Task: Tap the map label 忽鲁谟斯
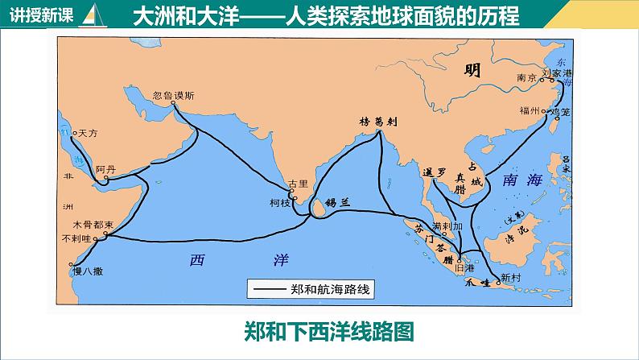coord(173,95)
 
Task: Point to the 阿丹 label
coord(105,170)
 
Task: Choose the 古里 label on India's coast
coord(299,184)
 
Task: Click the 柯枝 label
coord(281,204)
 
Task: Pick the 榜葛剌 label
coord(378,120)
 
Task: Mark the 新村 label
coord(510,277)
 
